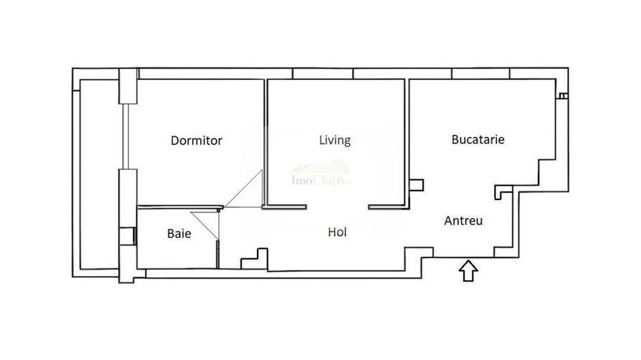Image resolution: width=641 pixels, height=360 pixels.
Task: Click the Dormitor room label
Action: click(x=196, y=141)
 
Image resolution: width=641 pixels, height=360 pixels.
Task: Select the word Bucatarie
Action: click(x=478, y=139)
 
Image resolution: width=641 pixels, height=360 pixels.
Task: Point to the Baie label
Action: click(x=179, y=234)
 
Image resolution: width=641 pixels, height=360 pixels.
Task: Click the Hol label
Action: click(x=338, y=232)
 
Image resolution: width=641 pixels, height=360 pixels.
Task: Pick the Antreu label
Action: click(x=464, y=221)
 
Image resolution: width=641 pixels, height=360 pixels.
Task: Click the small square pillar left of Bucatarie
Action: click(x=416, y=184)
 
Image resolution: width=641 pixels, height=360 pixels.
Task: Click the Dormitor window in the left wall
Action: click(x=126, y=137)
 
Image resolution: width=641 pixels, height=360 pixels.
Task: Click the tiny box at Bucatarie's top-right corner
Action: click(x=561, y=96)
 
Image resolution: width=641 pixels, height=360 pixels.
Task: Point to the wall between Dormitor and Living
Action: click(x=265, y=137)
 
